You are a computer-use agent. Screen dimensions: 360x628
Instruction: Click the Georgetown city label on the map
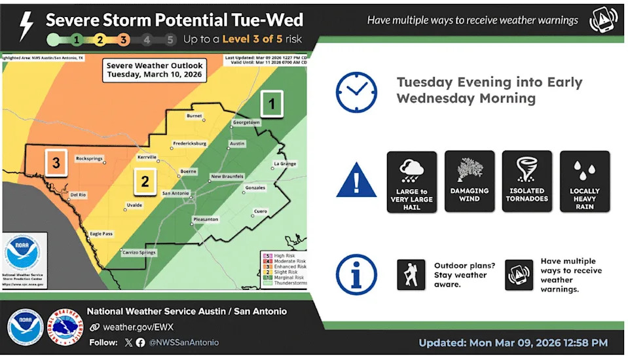[x=246, y=122]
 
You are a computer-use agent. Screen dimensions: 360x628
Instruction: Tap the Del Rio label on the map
[x=78, y=194]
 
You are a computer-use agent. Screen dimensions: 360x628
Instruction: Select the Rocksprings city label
[x=90, y=158]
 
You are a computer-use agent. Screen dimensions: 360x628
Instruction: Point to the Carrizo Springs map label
[x=137, y=252]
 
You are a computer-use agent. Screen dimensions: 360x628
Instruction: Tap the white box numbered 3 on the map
[x=56, y=163]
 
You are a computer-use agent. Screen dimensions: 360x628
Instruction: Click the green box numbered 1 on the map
[x=272, y=103]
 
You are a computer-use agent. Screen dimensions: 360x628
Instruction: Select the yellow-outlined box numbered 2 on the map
[x=145, y=181]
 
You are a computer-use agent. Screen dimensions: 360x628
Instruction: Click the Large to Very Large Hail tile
[x=411, y=181]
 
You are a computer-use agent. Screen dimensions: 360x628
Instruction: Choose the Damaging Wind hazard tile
[x=469, y=181]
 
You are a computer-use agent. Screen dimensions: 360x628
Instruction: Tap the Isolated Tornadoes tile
[x=526, y=181]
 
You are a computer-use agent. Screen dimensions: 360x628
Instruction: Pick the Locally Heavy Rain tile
[x=584, y=181]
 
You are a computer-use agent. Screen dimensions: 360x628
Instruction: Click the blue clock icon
[x=356, y=92]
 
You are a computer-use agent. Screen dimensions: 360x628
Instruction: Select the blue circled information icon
[x=356, y=274]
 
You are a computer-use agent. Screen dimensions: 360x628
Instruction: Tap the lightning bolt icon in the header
[x=26, y=26]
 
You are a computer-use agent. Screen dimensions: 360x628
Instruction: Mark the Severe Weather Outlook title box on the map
[x=155, y=70]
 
